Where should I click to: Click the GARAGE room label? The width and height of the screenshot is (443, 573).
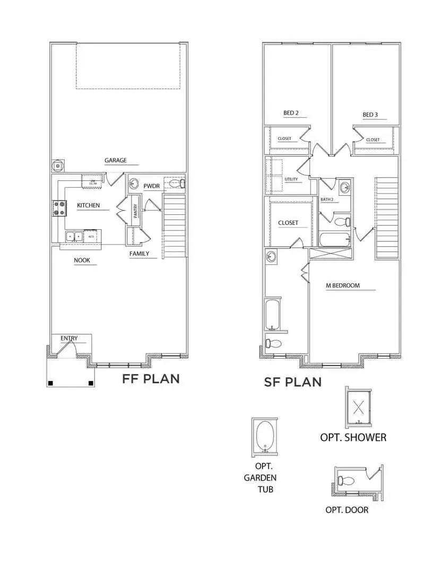point(115,160)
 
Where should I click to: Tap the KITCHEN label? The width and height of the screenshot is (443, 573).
point(88,205)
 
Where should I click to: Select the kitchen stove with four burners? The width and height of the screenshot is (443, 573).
point(58,207)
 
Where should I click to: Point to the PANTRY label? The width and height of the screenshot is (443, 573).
point(135,211)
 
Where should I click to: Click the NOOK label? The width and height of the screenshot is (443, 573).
point(81,261)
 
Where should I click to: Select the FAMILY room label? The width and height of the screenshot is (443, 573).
point(139,254)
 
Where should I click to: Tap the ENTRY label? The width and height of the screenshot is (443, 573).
point(69,338)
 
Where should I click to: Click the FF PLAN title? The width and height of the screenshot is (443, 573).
point(151,379)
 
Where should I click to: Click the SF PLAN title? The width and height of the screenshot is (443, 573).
point(292,381)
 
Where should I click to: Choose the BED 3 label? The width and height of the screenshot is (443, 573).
point(370,115)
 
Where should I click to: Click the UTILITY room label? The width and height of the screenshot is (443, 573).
point(291,179)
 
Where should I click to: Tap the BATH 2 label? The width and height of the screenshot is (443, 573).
point(327,199)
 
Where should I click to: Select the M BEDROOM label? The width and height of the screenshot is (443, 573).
point(342,285)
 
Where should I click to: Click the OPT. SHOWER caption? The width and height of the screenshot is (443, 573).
point(353,437)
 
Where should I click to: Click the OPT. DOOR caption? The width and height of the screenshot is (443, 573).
point(346,510)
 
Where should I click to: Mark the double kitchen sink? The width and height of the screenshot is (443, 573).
point(74,236)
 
